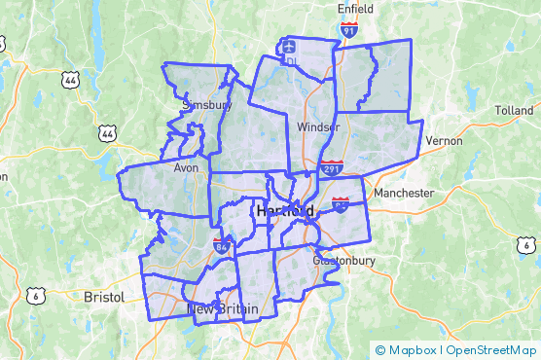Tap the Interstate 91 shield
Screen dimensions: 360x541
348,32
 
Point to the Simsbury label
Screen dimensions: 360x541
206,104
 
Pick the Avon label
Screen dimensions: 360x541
186,166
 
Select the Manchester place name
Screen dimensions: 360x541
404,193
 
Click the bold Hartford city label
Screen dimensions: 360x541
285,210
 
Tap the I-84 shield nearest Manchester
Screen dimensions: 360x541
341,203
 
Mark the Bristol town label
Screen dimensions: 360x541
104,296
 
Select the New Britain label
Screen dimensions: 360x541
223,309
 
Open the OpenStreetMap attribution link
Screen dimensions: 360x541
491,349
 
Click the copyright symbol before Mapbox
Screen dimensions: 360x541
380,349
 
